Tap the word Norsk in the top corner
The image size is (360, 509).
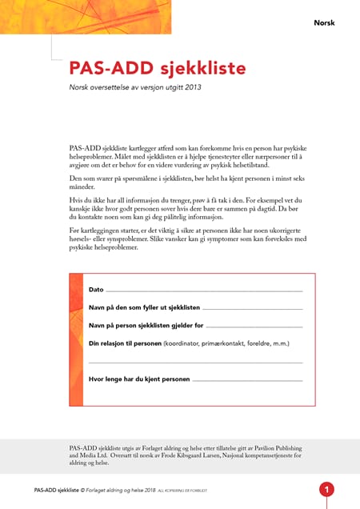tap(324, 22)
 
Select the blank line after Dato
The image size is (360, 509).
tap(204, 290)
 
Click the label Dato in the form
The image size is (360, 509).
tap(96, 289)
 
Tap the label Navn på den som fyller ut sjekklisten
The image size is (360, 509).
tap(144, 307)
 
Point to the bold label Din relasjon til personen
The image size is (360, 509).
tap(124, 343)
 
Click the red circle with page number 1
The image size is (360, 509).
tap(326, 490)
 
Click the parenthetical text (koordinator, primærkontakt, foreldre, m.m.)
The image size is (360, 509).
tap(226, 343)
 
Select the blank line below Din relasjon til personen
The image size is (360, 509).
tap(195, 362)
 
